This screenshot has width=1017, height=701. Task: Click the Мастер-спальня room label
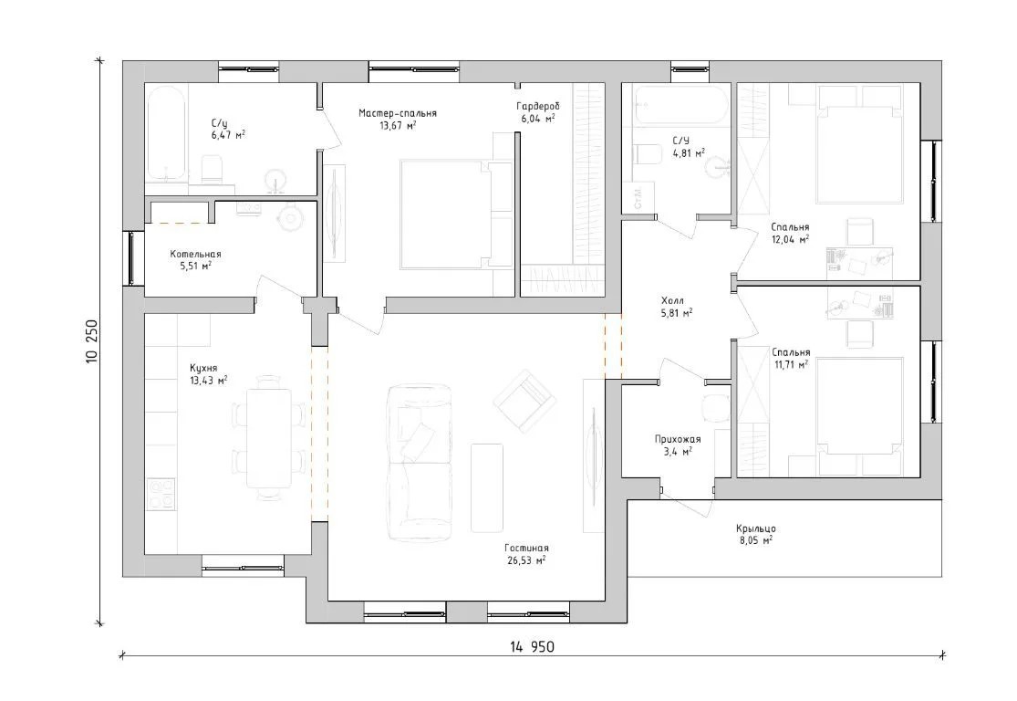click(398, 113)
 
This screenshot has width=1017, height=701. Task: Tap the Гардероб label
click(537, 107)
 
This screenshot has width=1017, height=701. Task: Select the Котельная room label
click(195, 255)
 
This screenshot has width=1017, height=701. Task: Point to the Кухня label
click(203, 368)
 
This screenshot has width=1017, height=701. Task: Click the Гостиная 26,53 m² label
click(525, 554)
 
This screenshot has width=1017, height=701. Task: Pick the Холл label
click(672, 301)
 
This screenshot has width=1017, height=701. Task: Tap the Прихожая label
click(677, 439)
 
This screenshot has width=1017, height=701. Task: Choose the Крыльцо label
click(755, 528)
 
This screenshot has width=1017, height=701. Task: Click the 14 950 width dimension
click(532, 647)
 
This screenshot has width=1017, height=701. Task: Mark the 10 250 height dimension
click(91, 341)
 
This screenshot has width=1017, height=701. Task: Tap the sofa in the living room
click(419, 462)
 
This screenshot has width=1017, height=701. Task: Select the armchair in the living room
click(525, 401)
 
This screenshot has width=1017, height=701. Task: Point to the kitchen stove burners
click(161, 493)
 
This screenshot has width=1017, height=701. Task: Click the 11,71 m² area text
click(791, 365)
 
